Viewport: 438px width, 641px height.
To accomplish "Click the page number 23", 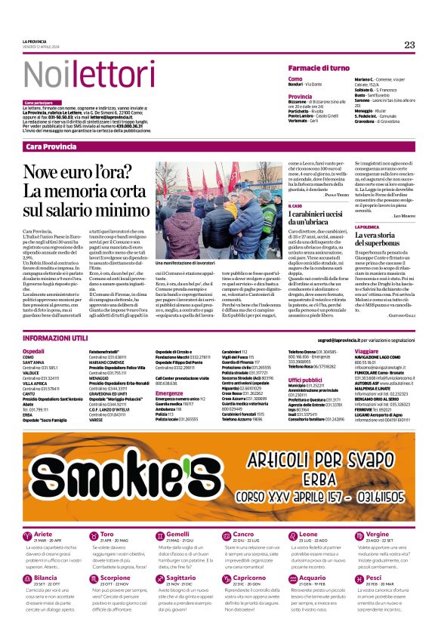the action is click(409, 45).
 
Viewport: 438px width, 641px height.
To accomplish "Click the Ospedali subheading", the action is click(34, 351).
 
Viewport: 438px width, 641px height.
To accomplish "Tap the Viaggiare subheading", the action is click(366, 351).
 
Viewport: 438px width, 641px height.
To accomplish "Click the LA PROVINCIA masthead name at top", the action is click(35, 41).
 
